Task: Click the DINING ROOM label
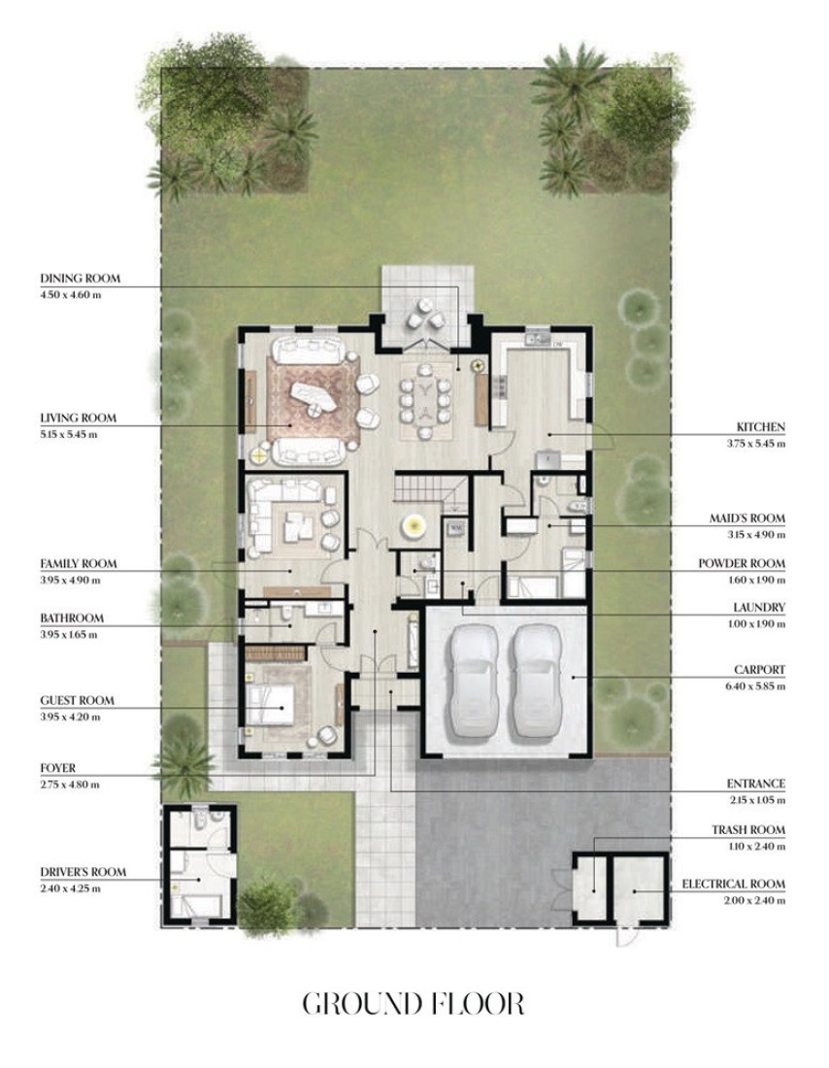81,278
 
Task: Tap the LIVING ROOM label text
79,417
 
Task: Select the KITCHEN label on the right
760,427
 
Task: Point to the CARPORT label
759,670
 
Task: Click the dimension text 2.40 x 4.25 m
70,888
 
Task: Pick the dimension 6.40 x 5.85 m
755,685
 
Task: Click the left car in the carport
472,682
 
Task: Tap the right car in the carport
538,682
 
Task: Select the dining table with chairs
425,400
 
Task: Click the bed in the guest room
271,704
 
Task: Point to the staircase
430,489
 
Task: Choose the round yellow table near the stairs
414,525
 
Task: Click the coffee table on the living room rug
314,398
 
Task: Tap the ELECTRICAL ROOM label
734,884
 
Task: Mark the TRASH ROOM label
748,829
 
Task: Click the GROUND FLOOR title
414,1004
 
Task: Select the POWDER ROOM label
742,563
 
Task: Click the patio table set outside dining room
425,315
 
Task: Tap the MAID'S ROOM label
747,517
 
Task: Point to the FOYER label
58,768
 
